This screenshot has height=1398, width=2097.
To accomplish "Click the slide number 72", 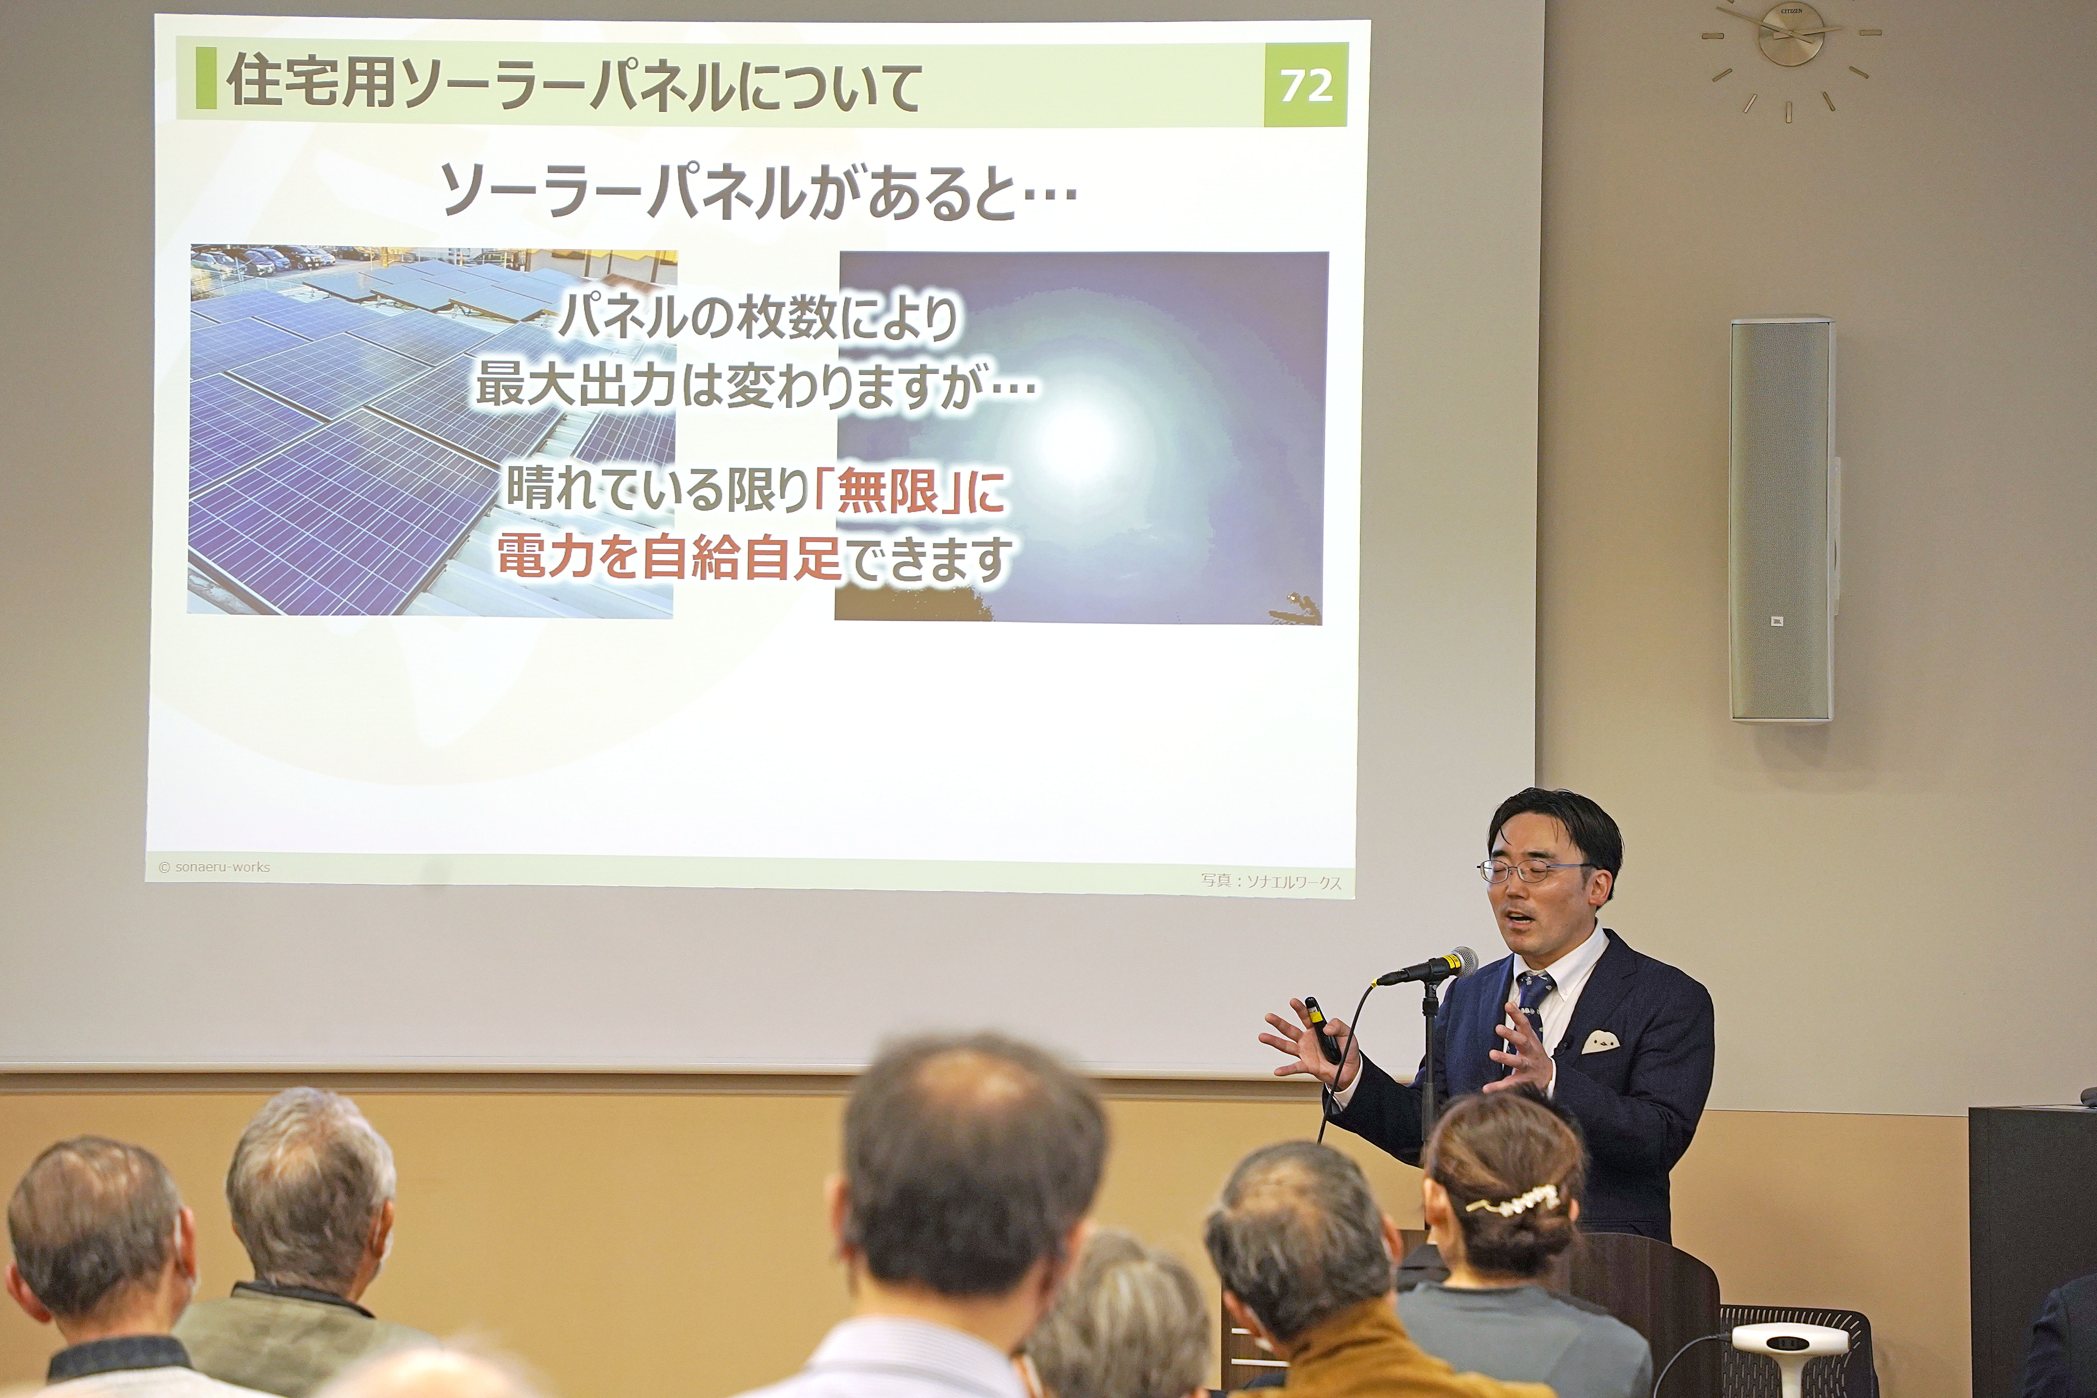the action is point(1306,86).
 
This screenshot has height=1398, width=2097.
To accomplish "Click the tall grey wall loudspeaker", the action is point(1781,520).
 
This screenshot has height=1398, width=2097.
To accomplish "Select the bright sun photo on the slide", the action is point(1081,437).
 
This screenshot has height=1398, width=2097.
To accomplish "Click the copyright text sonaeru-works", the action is point(214,867).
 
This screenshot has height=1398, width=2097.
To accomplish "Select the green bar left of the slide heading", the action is point(206,78).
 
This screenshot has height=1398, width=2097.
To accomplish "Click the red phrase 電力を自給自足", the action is point(669,557).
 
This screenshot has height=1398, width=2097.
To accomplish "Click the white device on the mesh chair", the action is point(1790,1346).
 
